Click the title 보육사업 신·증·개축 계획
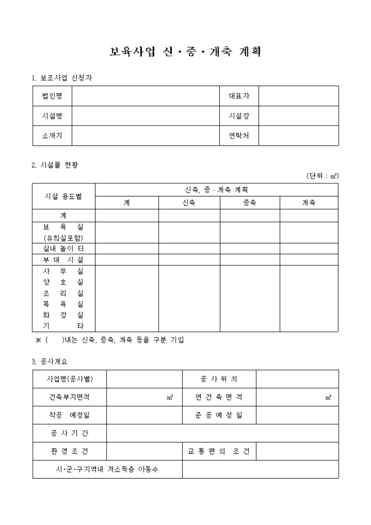click(x=185, y=52)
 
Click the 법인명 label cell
click(x=52, y=96)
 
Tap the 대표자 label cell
click(x=239, y=96)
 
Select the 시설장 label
click(x=239, y=116)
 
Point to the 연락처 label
click(x=239, y=136)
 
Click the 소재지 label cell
click(x=52, y=136)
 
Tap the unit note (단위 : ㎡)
click(x=322, y=176)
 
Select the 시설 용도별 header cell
click(x=63, y=196)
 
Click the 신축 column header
click(x=189, y=202)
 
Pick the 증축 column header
click(x=250, y=202)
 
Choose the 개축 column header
click(x=309, y=202)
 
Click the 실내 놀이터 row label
click(x=63, y=248)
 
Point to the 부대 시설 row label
click(x=63, y=260)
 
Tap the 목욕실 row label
click(x=63, y=304)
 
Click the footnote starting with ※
click(x=109, y=340)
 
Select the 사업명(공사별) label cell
click(x=69, y=379)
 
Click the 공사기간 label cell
click(x=69, y=433)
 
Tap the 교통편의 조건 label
click(x=219, y=451)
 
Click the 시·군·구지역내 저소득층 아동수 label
click(x=107, y=469)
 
